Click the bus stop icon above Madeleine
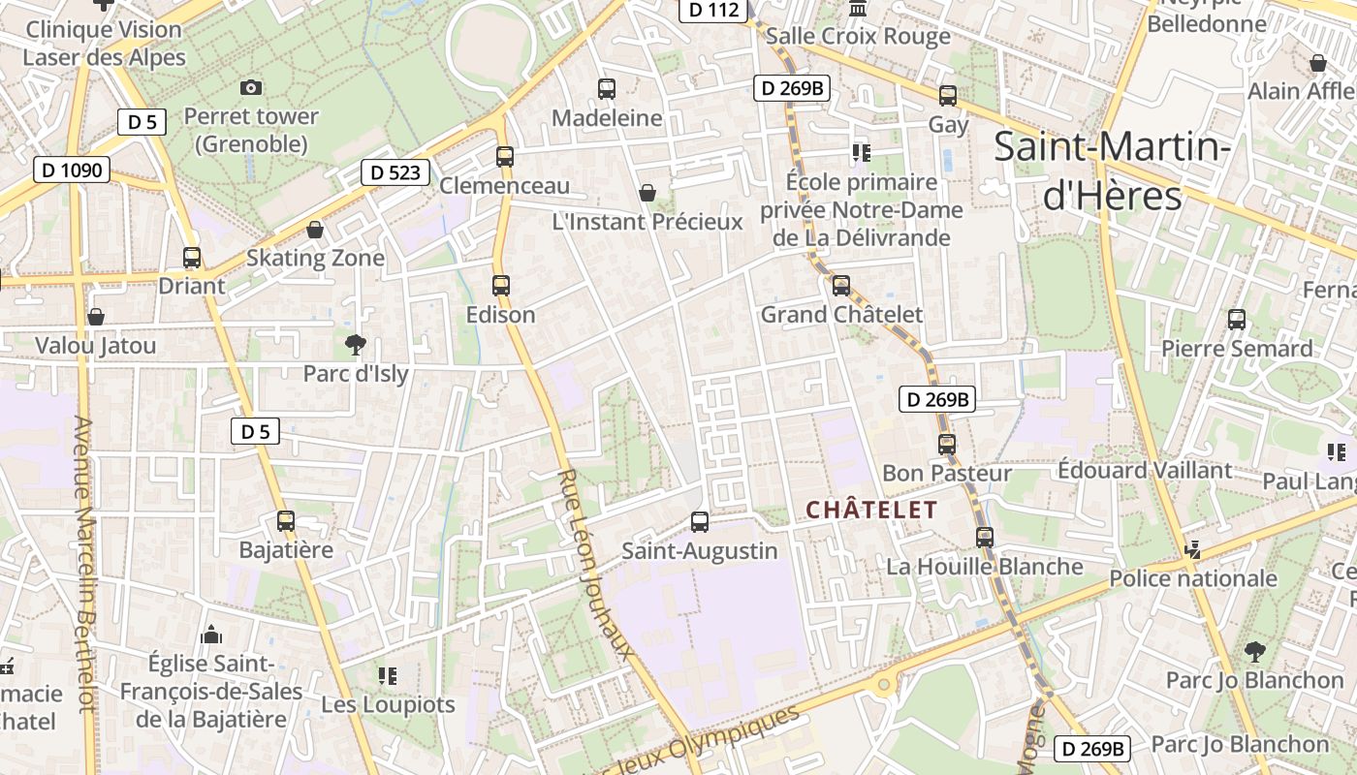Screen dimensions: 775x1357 pyautogui.click(x=607, y=89)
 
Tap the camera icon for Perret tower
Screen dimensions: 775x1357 pyautogui.click(x=251, y=88)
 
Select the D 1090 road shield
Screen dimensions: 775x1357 pyautogui.click(x=72, y=170)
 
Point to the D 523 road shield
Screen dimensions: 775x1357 pyautogui.click(x=395, y=172)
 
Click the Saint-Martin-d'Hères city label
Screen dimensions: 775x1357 pyautogui.click(x=1113, y=171)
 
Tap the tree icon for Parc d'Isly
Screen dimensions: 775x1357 pyautogui.click(x=356, y=344)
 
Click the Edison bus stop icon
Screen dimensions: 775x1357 pyautogui.click(x=501, y=286)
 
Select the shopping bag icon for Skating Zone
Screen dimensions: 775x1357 pyautogui.click(x=315, y=230)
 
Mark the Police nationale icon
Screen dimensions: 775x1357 pyautogui.click(x=1193, y=549)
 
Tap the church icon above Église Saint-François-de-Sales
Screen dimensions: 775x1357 pyautogui.click(x=210, y=635)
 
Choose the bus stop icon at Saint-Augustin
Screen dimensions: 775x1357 pyautogui.click(x=700, y=522)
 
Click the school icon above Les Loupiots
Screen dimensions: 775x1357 pyautogui.click(x=388, y=675)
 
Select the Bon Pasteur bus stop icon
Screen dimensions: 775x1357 pyautogui.click(x=947, y=445)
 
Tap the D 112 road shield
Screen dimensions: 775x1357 pyautogui.click(x=713, y=11)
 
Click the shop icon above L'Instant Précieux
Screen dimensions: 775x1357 pyautogui.click(x=647, y=193)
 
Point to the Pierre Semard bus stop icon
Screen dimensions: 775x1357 pyautogui.click(x=1237, y=320)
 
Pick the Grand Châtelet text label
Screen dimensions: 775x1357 pyautogui.click(x=841, y=315)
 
